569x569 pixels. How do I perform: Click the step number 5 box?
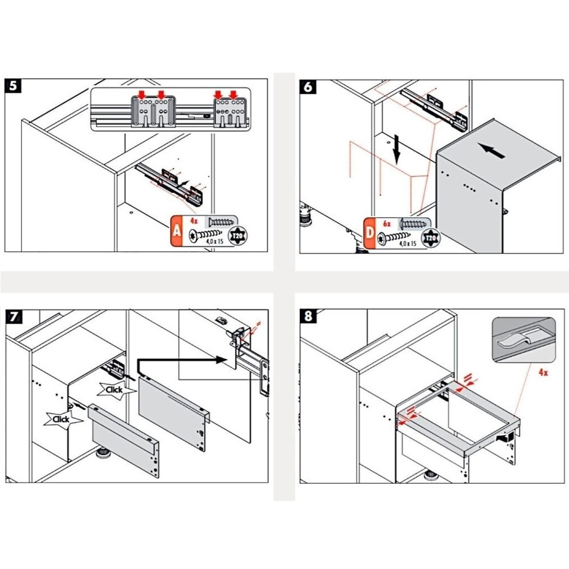[x=13, y=86]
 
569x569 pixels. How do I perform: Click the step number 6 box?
[x=308, y=87]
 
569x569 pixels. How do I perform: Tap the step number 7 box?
[x=14, y=317]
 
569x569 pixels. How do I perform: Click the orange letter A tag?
[x=177, y=231]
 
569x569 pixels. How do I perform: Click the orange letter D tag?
[x=370, y=233]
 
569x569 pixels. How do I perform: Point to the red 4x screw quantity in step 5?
[x=194, y=221]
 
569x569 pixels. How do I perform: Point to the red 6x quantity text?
[x=387, y=224]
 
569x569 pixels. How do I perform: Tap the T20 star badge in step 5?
[x=238, y=236]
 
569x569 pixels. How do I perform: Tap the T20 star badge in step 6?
[x=431, y=238]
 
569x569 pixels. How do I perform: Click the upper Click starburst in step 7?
[x=114, y=390]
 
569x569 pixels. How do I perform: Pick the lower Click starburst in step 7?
[x=61, y=419]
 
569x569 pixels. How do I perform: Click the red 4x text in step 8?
[x=543, y=372]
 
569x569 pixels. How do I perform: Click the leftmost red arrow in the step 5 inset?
[x=142, y=95]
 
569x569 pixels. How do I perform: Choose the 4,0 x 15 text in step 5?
[x=215, y=241]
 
